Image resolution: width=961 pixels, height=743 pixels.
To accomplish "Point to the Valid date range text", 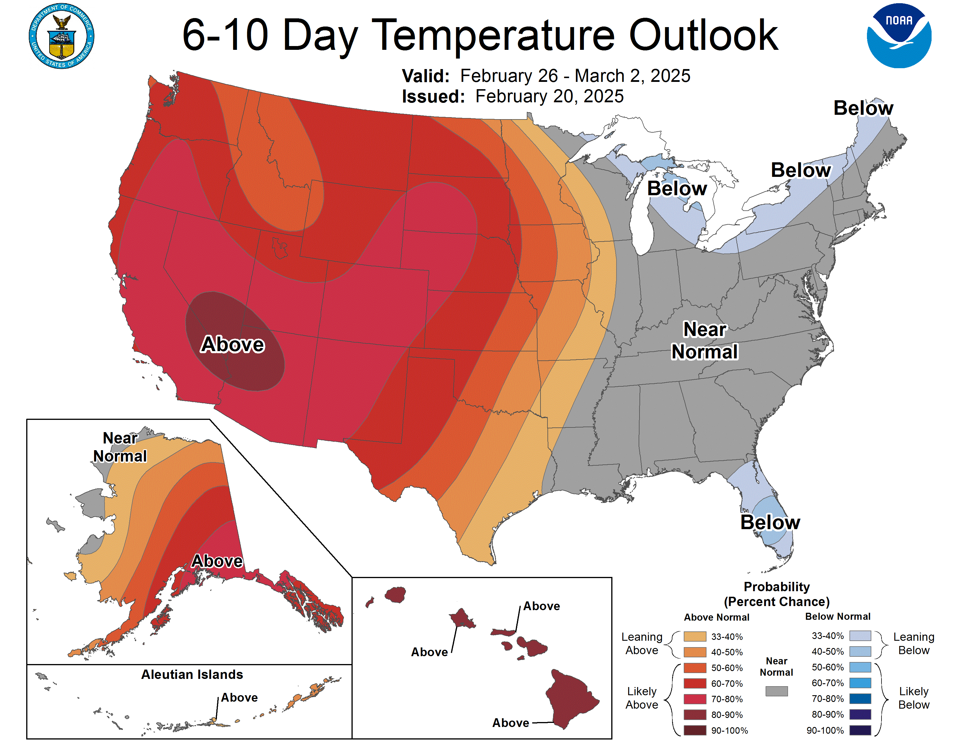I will click(575, 76).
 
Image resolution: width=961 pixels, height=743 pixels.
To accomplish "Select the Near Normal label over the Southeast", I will click(704, 341).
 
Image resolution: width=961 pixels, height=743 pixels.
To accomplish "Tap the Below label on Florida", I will click(770, 522).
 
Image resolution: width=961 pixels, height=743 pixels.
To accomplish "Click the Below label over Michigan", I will click(677, 189).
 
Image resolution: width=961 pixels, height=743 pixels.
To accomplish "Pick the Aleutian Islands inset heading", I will click(192, 674).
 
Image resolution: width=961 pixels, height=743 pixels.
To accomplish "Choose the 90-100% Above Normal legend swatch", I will click(695, 730).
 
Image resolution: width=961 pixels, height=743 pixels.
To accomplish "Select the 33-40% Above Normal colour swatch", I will click(695, 636).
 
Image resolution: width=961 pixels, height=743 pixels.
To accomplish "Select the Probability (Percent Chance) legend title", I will click(777, 594).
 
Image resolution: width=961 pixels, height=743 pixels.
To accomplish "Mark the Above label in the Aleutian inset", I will click(239, 697).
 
